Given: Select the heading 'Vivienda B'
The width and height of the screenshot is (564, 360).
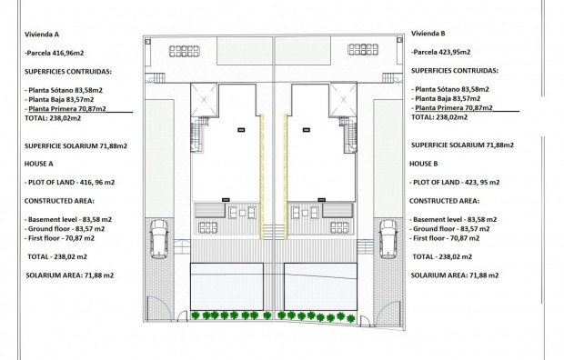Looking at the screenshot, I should coord(429,34).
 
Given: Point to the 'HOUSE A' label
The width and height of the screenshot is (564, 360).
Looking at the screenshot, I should coord(40,163).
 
